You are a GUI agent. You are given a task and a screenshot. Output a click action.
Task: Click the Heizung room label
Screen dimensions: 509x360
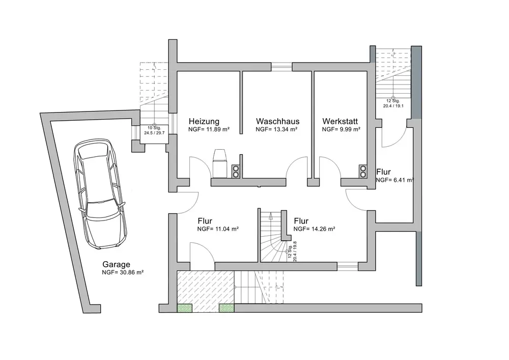point(204,122)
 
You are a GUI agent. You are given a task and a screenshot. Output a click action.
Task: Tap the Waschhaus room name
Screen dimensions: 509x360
point(277,122)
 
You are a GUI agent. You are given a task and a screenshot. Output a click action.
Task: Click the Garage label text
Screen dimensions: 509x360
point(117,264)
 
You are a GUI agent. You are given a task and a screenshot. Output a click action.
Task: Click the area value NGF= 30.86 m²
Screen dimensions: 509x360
point(123,273)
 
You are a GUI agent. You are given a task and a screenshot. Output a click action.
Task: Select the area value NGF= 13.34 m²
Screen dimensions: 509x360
point(276,130)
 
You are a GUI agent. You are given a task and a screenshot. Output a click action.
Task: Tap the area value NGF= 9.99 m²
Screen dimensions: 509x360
point(341,130)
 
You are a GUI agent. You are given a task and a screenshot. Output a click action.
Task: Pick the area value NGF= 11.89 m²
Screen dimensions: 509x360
point(209,130)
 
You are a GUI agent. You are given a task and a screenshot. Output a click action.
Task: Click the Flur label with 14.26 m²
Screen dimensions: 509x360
point(301,221)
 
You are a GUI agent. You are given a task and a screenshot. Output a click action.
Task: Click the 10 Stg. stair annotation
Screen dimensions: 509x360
point(154,127)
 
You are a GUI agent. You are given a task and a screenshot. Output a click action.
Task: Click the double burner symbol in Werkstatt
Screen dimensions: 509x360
point(362,172)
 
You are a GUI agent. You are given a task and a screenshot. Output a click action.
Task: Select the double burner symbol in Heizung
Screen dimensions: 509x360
point(236,172)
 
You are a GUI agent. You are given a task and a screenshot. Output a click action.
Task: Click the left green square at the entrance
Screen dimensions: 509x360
point(184,308)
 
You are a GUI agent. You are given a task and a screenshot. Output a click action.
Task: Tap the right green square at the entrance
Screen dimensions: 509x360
point(226,308)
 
